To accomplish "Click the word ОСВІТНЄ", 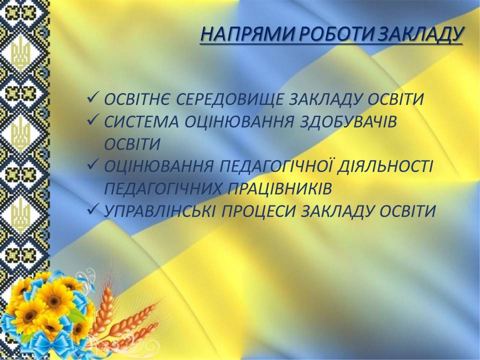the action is (137, 99).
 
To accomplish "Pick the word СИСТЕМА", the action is (141, 122).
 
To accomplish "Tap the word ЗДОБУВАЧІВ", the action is (348, 122).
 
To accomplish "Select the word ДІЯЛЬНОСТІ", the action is (385, 165).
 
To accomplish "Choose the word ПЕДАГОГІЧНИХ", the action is (162, 188).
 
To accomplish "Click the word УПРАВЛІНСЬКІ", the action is (159, 211).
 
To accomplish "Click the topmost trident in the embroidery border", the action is (21, 52).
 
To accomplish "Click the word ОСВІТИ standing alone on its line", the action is (132, 143).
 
